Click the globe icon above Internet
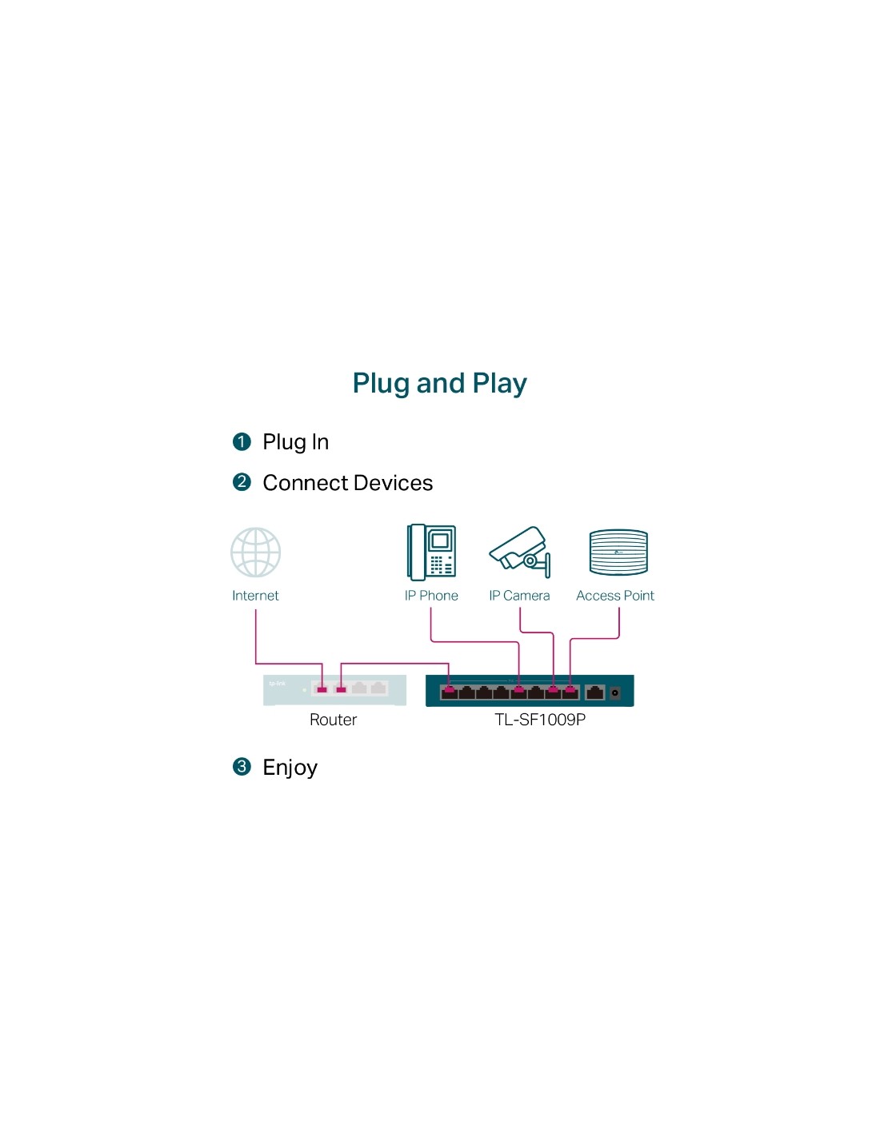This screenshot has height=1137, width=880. tap(255, 552)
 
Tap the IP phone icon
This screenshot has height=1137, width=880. tap(431, 552)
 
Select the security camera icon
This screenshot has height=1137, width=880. tap(519, 552)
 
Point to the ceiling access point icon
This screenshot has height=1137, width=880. tap(618, 552)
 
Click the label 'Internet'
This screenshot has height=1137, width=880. tap(255, 596)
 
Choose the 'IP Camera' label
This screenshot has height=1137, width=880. tap(519, 596)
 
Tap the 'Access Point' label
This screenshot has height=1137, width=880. tap(615, 596)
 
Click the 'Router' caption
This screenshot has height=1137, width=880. tap(333, 720)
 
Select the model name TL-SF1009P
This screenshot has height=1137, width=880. tap(540, 720)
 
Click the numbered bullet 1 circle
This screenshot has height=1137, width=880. tap(242, 441)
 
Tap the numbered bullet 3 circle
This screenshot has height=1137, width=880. tap(242, 767)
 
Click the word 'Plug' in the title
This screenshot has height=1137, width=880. tap(382, 384)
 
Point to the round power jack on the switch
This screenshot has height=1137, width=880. tap(615, 692)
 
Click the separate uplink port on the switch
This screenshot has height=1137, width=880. tap(594, 692)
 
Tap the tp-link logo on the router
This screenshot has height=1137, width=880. tap(277, 684)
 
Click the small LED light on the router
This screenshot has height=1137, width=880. tap(304, 690)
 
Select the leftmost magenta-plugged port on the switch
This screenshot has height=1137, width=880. tap(449, 692)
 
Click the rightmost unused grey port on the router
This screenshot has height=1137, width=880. tap(378, 688)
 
